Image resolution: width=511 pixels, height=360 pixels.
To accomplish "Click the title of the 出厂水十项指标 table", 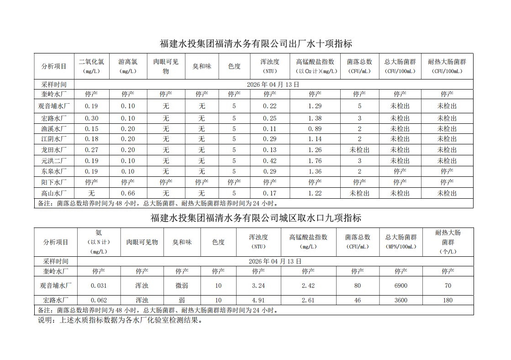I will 256,44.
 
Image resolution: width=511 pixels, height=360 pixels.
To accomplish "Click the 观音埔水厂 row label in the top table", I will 54,106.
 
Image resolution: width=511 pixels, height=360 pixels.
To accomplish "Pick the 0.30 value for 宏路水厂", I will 91,118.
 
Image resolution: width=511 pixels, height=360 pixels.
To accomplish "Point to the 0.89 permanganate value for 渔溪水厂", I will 315,129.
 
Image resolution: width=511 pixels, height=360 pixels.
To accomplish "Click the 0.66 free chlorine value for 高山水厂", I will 128,193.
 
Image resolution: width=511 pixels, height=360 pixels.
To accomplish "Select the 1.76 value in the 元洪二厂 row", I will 315,161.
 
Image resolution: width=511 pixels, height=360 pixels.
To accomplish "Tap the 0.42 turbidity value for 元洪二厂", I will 269,161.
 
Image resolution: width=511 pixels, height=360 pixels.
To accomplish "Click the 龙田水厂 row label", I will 54,150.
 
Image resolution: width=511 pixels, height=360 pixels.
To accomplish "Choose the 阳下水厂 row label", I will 54,182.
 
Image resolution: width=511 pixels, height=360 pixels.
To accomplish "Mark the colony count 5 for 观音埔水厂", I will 359,106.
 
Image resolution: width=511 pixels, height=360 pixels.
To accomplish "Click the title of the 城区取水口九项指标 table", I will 256,218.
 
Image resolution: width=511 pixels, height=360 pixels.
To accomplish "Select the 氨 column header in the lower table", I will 99,233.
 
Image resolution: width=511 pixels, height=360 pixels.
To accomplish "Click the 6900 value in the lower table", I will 401,286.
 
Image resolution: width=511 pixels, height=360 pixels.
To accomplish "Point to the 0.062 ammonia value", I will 99,300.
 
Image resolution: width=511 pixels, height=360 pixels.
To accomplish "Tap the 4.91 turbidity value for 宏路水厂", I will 258,300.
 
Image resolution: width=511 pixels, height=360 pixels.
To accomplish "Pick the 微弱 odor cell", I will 182,286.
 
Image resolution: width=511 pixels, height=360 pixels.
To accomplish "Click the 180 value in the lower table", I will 448,300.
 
